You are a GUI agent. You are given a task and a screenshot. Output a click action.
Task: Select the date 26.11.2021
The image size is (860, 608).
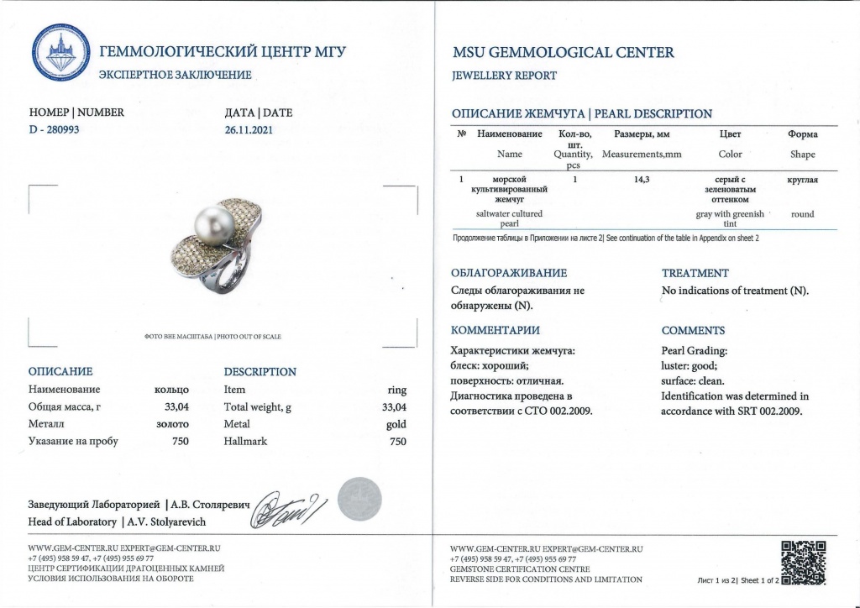(249, 130)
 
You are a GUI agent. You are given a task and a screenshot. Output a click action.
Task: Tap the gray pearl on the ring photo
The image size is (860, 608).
(207, 227)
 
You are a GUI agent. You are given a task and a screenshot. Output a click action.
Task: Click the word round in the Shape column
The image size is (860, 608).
(802, 214)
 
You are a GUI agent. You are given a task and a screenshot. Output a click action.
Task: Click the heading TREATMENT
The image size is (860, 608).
(695, 273)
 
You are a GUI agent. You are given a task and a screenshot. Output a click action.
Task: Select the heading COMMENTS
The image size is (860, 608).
(693, 331)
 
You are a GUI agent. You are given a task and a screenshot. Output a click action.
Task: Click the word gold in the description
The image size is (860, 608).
(396, 425)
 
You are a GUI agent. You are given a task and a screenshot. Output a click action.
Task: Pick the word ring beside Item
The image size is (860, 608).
(396, 390)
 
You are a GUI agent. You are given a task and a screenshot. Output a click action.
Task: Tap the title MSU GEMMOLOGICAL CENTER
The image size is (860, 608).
(562, 52)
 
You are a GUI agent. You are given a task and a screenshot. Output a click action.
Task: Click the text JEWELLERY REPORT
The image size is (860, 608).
(504, 76)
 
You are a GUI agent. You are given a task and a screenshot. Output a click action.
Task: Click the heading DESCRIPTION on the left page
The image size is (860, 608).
(260, 371)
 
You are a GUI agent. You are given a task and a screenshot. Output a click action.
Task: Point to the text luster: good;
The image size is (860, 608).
(689, 365)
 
